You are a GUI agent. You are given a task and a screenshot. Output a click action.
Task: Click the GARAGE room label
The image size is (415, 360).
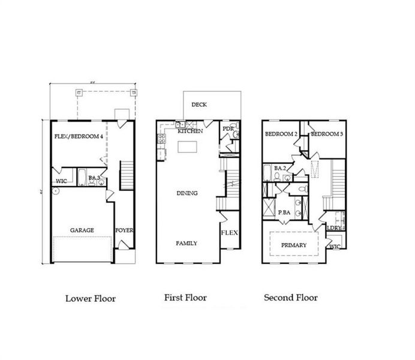pyautogui.click(x=82, y=230)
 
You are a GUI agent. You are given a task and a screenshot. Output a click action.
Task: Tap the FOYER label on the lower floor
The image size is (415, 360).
pyautogui.click(x=124, y=230)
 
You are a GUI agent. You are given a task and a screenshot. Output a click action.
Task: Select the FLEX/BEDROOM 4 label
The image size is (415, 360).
pyautogui.click(x=79, y=137)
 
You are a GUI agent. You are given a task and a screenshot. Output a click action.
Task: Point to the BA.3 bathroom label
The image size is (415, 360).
pyautogui.click(x=94, y=178)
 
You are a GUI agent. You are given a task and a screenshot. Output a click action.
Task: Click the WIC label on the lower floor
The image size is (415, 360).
pyautogui.click(x=61, y=181)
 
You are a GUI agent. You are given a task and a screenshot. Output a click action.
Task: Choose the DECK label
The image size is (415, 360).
pyautogui.click(x=199, y=104)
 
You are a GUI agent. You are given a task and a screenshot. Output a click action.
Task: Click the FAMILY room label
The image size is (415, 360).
pyautogui.click(x=186, y=243)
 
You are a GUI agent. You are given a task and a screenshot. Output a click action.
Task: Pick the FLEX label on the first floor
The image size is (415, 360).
pyautogui.click(x=228, y=233)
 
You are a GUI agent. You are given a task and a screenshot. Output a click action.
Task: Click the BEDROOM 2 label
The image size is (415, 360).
pyautogui.click(x=281, y=134)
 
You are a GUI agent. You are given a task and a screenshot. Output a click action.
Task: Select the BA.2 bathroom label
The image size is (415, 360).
pyautogui.click(x=279, y=169)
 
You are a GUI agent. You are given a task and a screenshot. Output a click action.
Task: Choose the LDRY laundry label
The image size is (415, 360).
pyautogui.click(x=334, y=227)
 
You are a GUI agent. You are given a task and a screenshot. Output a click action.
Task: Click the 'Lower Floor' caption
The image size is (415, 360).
pyautogui.click(x=90, y=298)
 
